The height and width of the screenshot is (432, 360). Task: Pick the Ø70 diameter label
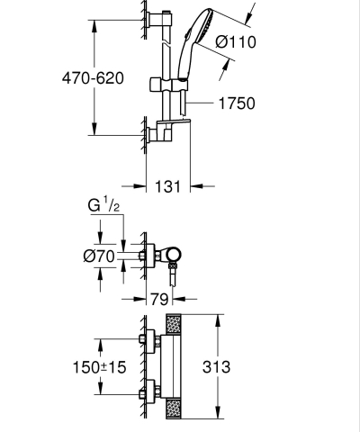coord(98,256)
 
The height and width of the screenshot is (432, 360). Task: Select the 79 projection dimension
coord(159,298)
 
